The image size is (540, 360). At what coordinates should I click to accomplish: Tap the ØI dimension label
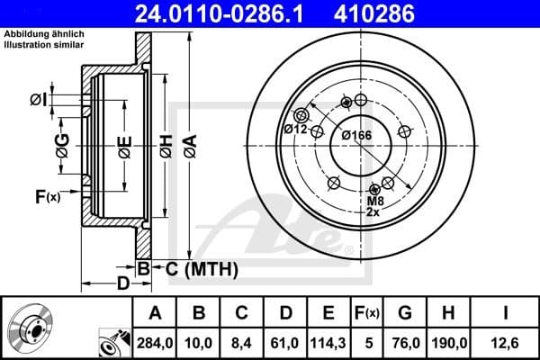point(36,99)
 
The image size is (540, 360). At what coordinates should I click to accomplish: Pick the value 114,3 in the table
point(328,340)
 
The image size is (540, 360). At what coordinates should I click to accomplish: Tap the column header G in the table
point(404,313)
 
